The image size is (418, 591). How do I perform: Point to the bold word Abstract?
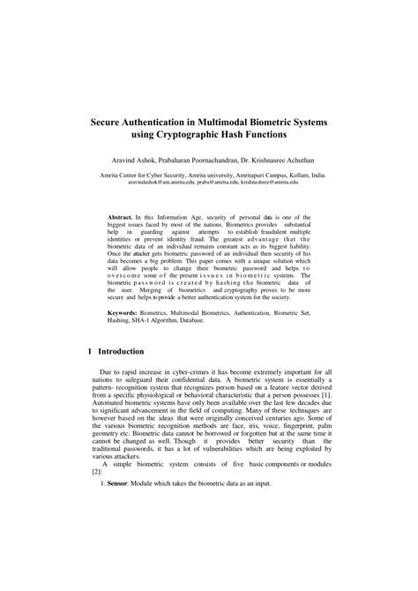point(121,215)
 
